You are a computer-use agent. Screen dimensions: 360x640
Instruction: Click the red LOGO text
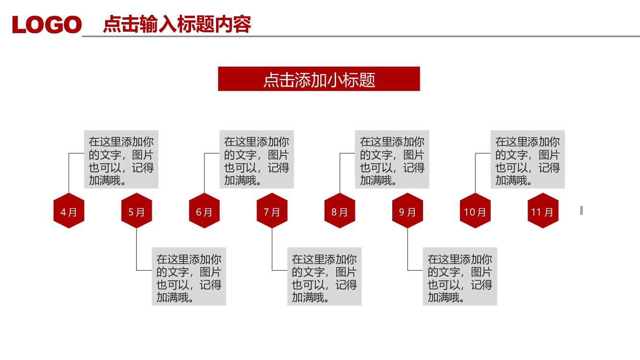47,24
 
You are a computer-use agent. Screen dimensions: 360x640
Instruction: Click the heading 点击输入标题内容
177,24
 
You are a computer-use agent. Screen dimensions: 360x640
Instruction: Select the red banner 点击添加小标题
319,79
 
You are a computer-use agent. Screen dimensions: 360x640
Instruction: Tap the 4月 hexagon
69,211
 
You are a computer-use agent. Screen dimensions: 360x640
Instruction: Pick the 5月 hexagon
136,211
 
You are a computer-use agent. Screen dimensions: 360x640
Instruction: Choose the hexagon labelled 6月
204,211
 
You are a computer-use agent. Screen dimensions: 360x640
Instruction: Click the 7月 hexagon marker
272,211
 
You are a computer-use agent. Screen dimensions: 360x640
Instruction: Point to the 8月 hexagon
339,211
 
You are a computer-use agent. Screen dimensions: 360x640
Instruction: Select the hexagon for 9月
408,211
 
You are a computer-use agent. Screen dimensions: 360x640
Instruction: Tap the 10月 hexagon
475,211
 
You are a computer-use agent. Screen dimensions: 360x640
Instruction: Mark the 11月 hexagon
543,211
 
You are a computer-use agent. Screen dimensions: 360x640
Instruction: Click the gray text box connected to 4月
121,159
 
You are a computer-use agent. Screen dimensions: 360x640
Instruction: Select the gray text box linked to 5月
189,276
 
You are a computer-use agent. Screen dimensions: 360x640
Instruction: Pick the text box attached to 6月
256,159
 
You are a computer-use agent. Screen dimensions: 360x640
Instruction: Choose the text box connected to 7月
324,276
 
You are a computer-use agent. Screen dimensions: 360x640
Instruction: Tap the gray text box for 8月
392,159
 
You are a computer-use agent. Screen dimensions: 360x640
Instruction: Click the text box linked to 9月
459,276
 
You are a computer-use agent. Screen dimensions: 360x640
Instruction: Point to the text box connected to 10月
527,159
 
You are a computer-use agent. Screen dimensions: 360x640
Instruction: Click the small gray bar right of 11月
581,210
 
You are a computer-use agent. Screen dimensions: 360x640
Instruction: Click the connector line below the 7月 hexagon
272,250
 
